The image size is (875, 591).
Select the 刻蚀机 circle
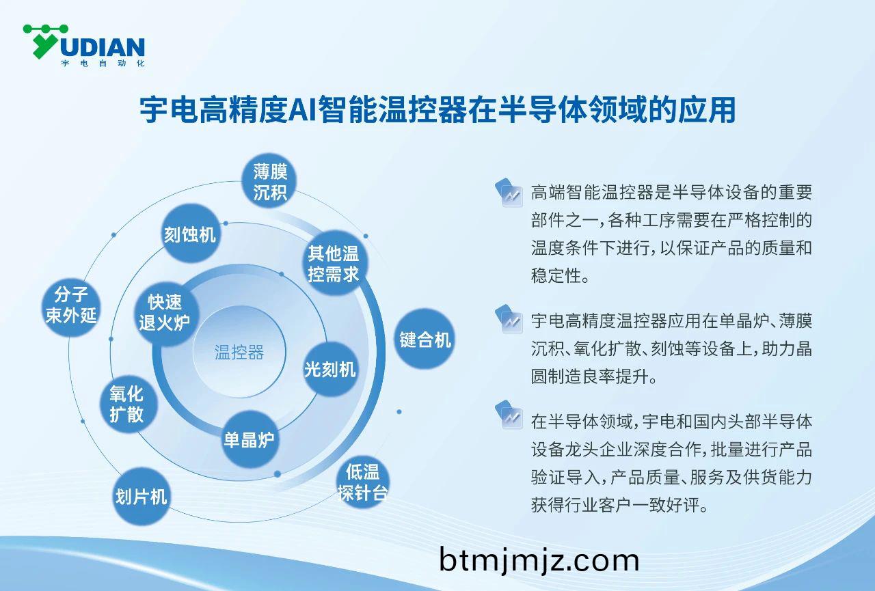click(x=190, y=234)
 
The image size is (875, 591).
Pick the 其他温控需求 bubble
click(x=333, y=264)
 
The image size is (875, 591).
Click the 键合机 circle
click(x=425, y=340)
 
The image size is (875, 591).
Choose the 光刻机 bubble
click(x=330, y=369)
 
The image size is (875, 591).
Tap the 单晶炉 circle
click(x=250, y=439)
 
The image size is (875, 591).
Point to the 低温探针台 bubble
click(x=363, y=482)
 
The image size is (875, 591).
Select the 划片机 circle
click(x=142, y=495)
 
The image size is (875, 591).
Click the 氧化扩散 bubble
click(x=126, y=403)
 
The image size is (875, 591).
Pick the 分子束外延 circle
click(x=71, y=305)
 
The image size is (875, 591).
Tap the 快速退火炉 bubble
click(x=165, y=312)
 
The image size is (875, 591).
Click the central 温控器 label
click(x=239, y=353)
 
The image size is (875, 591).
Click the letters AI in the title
click(x=301, y=109)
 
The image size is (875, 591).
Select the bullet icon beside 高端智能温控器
click(x=511, y=193)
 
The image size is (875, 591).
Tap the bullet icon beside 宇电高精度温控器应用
click(x=511, y=320)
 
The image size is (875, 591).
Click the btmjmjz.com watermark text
click(x=539, y=560)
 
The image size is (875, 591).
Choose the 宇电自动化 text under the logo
click(x=103, y=64)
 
